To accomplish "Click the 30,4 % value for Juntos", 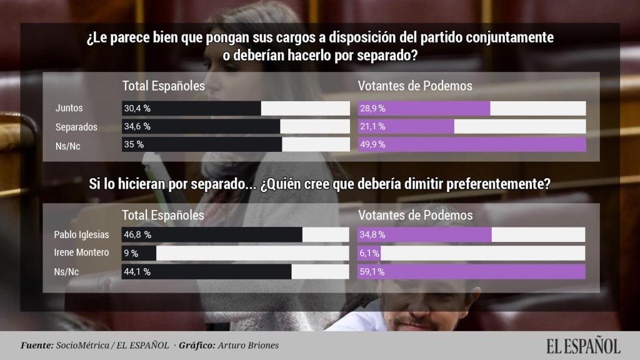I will [x=137, y=109].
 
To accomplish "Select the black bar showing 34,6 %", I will [x=201, y=127].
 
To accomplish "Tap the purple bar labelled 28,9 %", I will [x=424, y=109].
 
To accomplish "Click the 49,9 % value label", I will [x=372, y=145].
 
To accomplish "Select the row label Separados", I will [x=76, y=127].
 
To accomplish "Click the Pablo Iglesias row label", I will [x=82, y=235].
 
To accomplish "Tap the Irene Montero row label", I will [x=82, y=253].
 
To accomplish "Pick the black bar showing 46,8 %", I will [x=212, y=235].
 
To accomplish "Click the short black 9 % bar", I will [x=139, y=253].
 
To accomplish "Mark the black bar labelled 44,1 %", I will [x=206, y=271].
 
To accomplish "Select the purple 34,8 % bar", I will [x=425, y=235].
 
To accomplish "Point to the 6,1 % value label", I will [x=370, y=253].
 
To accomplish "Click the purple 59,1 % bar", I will [x=472, y=271].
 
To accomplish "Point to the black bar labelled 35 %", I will [x=201, y=145].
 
